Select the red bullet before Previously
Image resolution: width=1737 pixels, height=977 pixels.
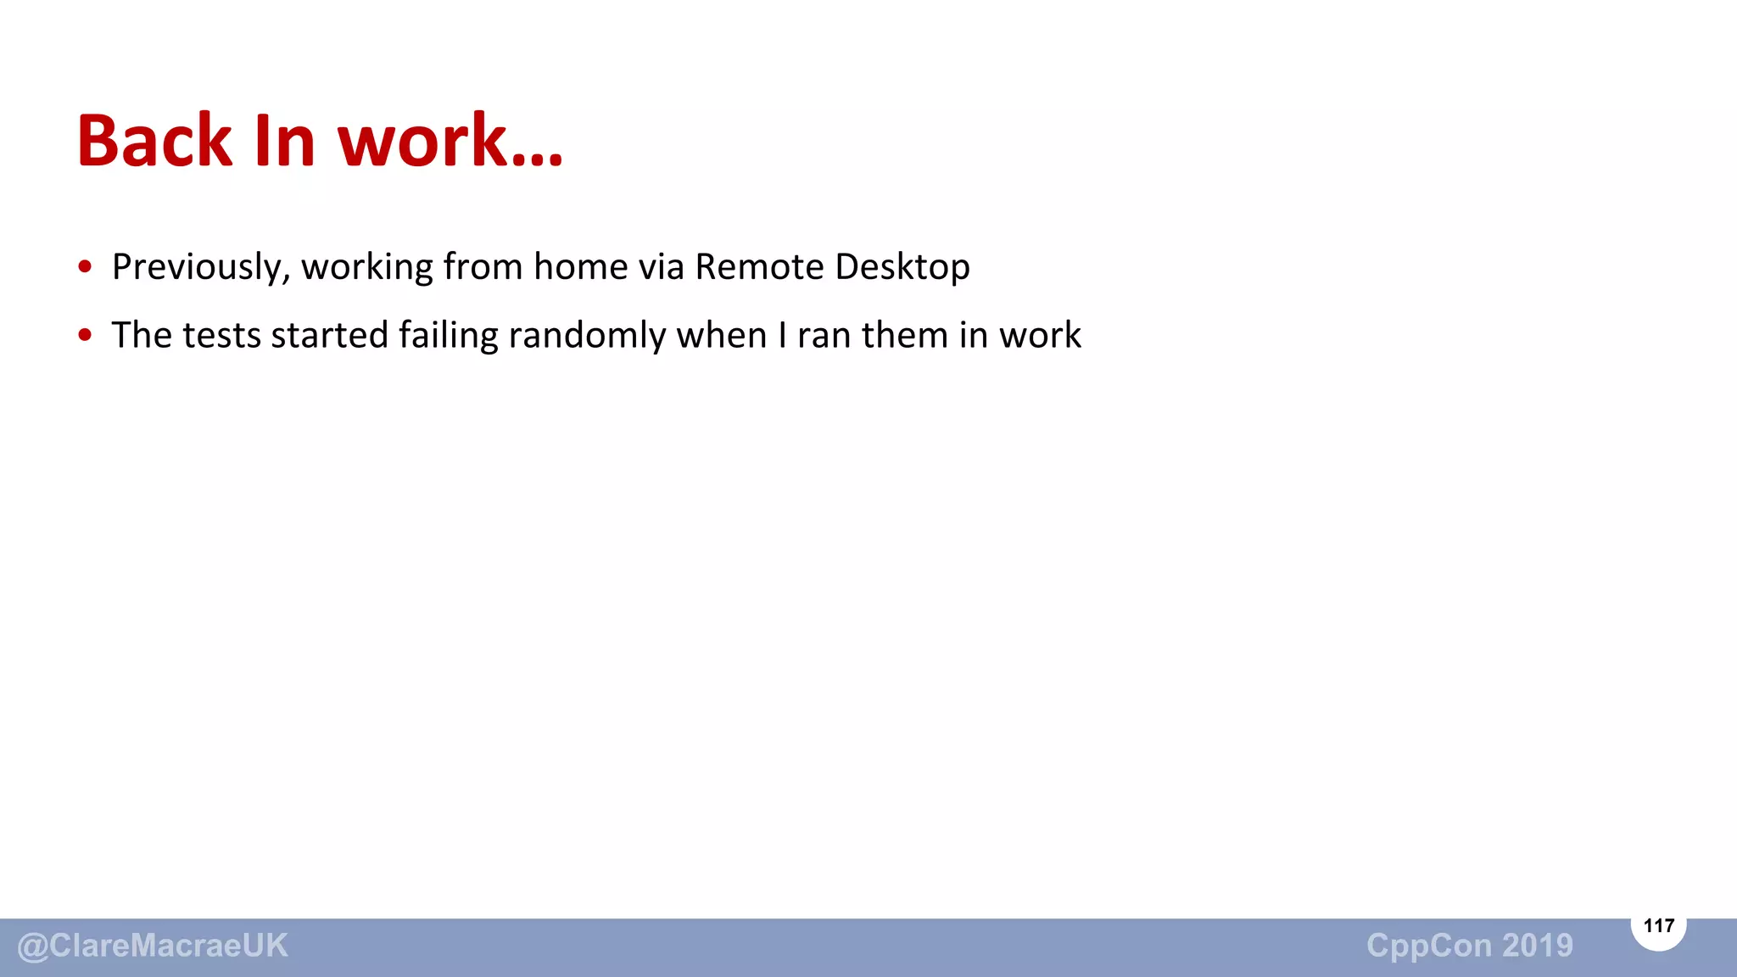click(85, 267)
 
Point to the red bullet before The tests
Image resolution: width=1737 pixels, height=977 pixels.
click(85, 335)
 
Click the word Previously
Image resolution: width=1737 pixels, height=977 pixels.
click(201, 267)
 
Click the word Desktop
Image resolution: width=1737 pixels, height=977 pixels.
click(902, 267)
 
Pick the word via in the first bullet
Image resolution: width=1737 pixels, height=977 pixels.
click(661, 266)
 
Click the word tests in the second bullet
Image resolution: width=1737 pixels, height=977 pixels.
click(222, 335)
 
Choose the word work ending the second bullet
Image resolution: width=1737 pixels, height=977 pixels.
click(1040, 335)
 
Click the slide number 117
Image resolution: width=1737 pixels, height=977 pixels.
click(1658, 925)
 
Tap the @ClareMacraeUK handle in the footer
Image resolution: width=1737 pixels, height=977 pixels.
click(153, 946)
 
